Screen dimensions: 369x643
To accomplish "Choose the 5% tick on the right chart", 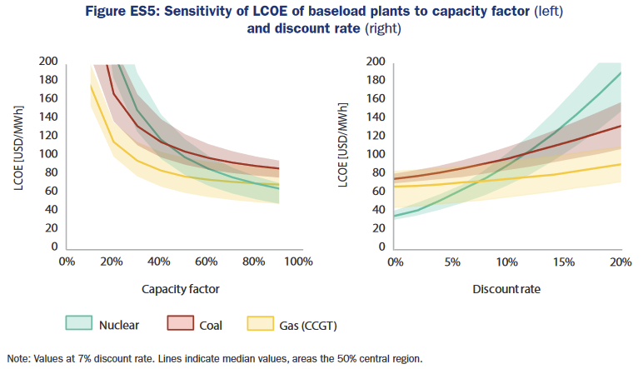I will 452,262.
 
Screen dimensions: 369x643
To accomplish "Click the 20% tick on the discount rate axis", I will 621,262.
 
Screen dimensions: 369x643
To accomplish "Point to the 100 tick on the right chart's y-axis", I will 376,154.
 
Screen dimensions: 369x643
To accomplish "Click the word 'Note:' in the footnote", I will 21,359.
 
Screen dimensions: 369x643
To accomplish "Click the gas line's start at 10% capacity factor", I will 91,85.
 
